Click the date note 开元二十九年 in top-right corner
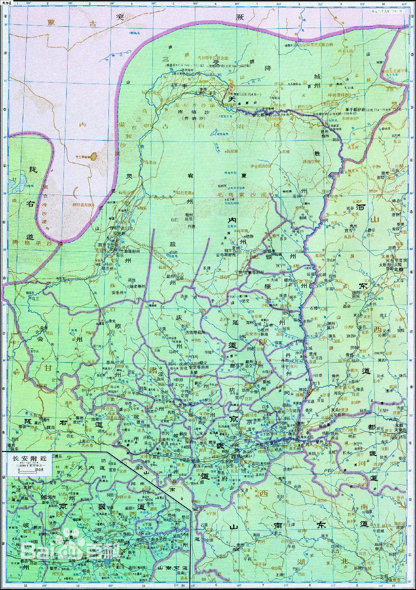tap(387, 12)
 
